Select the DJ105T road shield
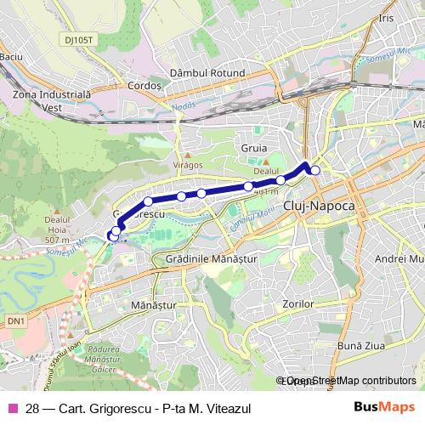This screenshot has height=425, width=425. [x=77, y=39]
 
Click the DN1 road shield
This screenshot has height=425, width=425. [x=15, y=320]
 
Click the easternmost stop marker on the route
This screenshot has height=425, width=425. [x=315, y=171]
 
